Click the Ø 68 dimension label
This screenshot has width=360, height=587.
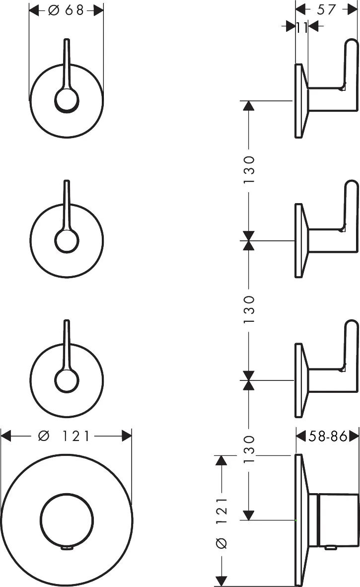pos(66,10)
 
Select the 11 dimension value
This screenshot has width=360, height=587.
pos(302,27)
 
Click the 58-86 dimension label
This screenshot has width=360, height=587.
pos(327,436)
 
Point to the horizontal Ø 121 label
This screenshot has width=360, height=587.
pos(65,436)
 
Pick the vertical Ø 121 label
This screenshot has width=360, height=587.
pos(222,523)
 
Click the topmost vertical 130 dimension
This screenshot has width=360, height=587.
pos(249,170)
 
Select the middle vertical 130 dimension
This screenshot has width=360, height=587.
pos(249,310)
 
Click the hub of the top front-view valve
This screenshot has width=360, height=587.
pos(67,100)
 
